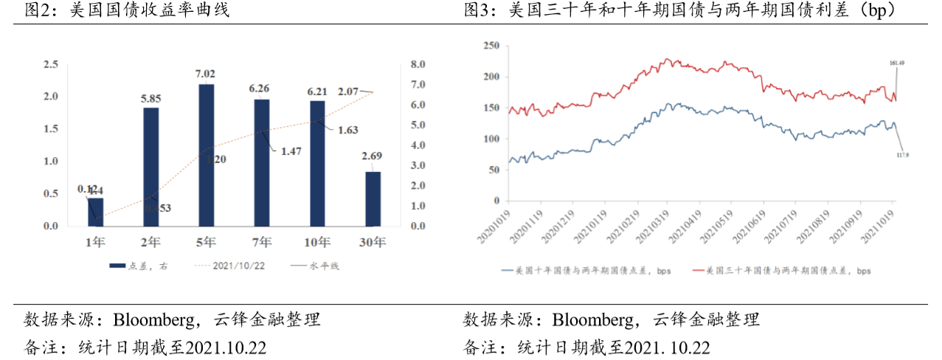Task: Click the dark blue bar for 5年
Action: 207,155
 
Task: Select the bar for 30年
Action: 373,198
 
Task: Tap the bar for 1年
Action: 95,212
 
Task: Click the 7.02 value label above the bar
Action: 205,73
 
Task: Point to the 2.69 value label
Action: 373,156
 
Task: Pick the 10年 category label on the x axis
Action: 316,241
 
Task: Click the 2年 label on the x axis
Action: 150,241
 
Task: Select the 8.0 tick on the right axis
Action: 418,65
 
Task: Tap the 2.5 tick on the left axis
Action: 51,65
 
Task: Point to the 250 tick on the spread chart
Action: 491,46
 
